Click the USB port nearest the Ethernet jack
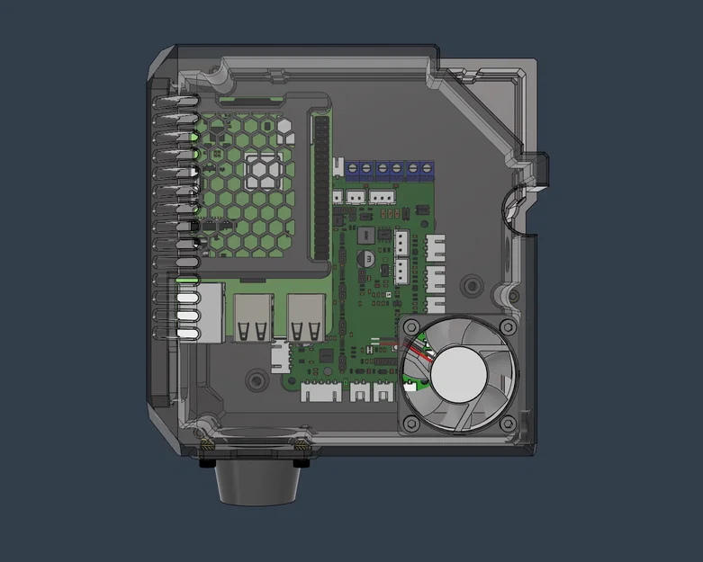(253, 317)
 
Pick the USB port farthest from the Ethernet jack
(306, 317)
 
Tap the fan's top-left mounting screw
(410, 327)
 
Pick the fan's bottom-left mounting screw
(410, 422)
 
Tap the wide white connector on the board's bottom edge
(322, 391)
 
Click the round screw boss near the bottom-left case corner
(255, 382)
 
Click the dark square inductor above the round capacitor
(366, 236)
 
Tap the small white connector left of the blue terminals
(339, 167)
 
